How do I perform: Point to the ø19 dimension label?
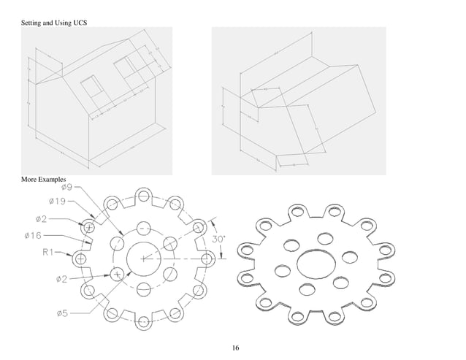[x=58, y=201]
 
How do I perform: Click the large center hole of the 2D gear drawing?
[x=144, y=258]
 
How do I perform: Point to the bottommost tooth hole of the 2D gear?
[x=144, y=322]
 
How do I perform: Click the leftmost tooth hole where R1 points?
[x=80, y=258]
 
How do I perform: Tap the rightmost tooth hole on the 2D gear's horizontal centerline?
[x=207, y=258]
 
